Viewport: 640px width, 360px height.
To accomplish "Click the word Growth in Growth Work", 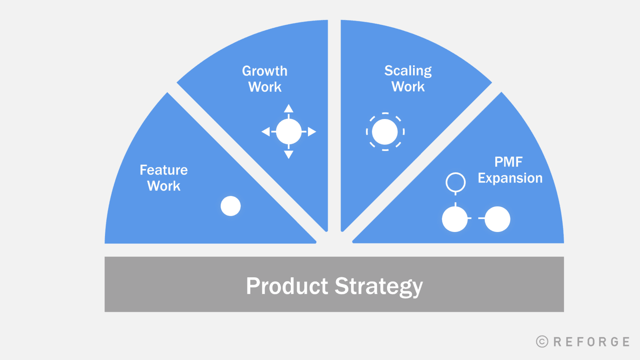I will click(265, 71).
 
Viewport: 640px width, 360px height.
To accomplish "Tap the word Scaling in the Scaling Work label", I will click(408, 71).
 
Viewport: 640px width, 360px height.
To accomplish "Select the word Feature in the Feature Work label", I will click(163, 170).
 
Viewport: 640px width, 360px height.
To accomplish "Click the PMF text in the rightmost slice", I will click(508, 162).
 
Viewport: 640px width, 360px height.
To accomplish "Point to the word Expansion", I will click(510, 178).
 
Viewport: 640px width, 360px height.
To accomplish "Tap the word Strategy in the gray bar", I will click(378, 286).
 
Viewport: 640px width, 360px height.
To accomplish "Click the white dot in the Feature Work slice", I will click(230, 206).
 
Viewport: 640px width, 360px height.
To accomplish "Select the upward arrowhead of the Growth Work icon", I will click(288, 108).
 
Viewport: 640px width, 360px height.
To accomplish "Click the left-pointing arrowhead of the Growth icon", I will click(266, 132).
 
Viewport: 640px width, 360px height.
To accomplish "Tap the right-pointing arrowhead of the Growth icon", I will click(312, 132).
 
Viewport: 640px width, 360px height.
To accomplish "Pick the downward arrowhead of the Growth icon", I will click(288, 154).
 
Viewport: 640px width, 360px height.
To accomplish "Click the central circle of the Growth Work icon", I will click(289, 132).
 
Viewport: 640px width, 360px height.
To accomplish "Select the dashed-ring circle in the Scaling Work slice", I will click(385, 132).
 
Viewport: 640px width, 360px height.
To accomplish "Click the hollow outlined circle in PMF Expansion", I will click(455, 182).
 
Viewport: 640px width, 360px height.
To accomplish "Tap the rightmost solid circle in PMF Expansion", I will click(497, 219).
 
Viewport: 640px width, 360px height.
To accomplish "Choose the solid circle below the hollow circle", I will click(455, 219).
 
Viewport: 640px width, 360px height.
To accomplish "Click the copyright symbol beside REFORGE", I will click(542, 342).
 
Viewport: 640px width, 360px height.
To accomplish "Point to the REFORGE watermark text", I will click(591, 342).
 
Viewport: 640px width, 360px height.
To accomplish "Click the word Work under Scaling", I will click(408, 87).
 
